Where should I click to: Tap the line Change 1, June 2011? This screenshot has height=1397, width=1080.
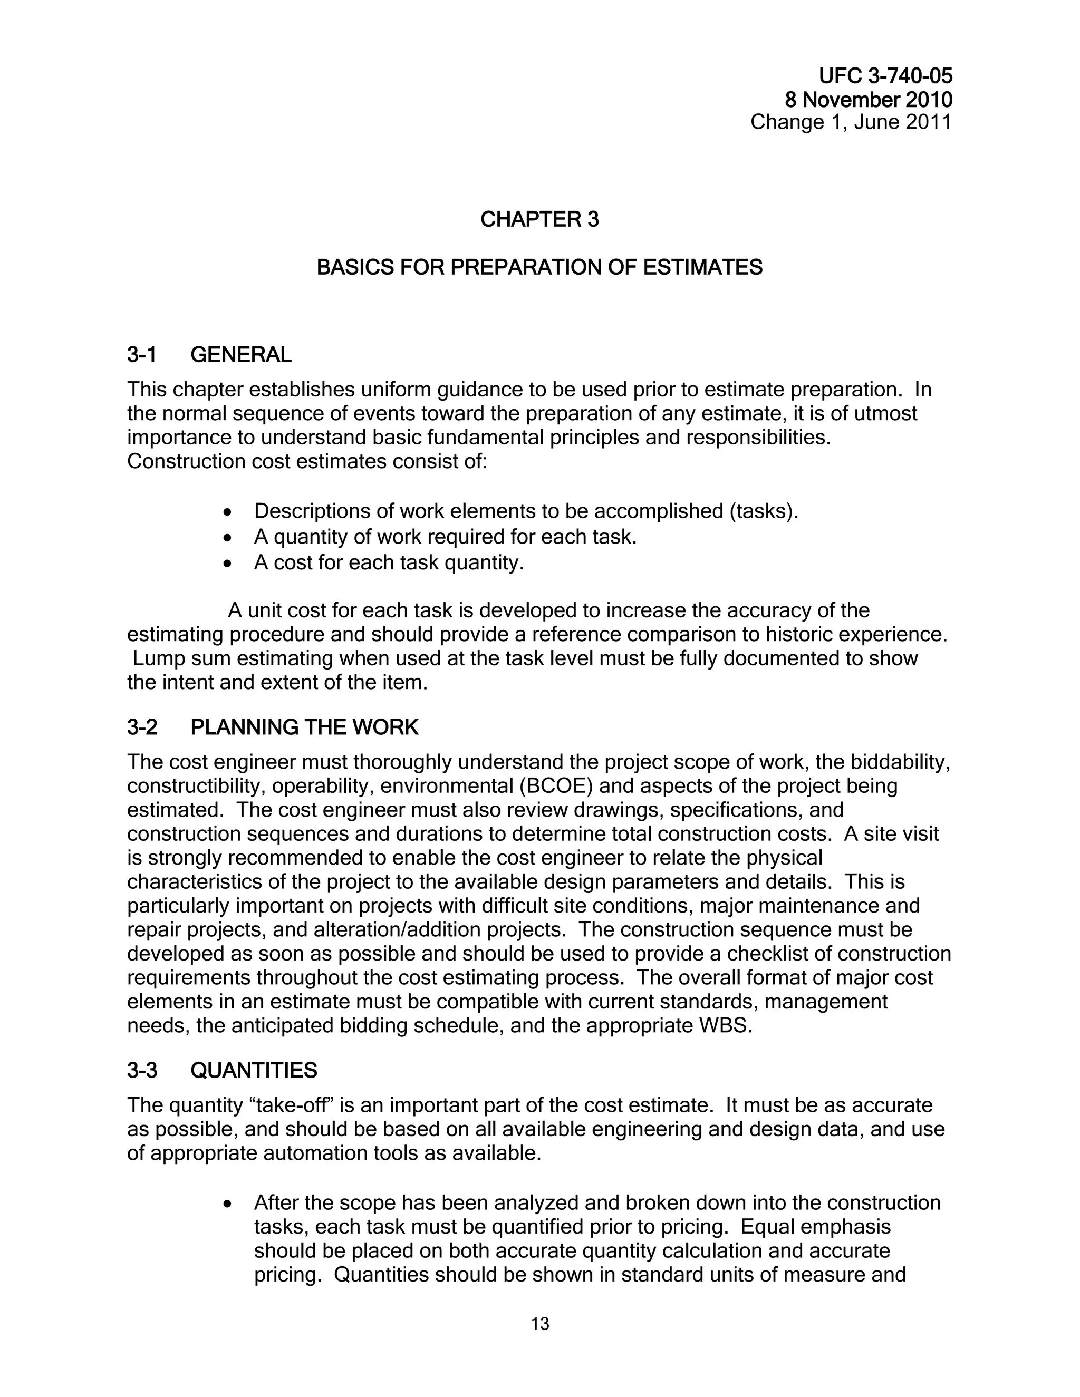[x=851, y=122]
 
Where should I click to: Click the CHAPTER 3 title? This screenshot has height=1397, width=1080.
[x=539, y=219]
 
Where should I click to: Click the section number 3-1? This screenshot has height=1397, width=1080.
[x=141, y=354]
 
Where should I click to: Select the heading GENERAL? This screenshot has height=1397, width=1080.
[x=240, y=354]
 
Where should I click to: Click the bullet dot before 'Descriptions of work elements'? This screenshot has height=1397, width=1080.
[x=227, y=513]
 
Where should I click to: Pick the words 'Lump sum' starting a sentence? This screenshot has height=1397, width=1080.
[x=177, y=658]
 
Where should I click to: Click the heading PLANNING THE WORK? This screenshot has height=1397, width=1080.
[x=305, y=727]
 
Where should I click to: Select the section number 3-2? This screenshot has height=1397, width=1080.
[x=142, y=727]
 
